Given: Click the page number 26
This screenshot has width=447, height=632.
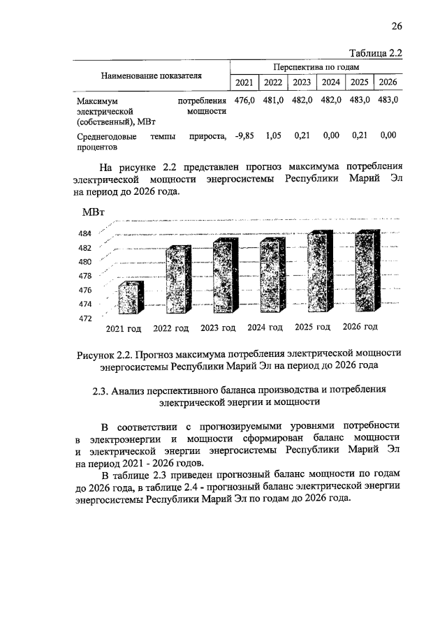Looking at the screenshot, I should (x=396, y=27).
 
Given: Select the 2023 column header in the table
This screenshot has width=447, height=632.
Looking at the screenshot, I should (x=302, y=83).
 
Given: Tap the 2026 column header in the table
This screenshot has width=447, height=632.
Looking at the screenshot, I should (x=387, y=83).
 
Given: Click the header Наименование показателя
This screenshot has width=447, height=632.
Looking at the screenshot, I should (x=151, y=75).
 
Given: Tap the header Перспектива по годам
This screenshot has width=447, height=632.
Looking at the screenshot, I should (x=316, y=67).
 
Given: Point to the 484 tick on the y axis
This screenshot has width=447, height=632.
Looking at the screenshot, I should (x=85, y=234).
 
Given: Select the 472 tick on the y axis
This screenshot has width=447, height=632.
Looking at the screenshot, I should (x=85, y=318).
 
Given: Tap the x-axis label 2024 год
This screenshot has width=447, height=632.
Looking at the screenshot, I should (x=265, y=328).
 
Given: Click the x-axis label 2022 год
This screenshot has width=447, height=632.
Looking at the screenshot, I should (x=171, y=328).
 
